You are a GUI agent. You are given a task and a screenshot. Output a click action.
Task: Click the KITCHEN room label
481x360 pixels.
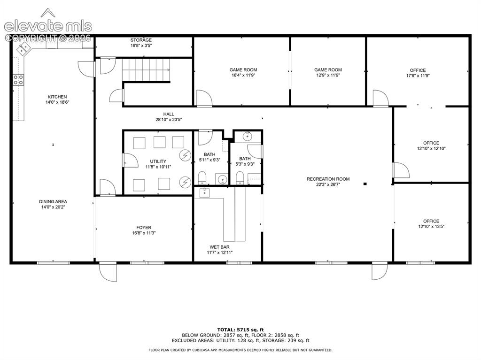[x=57, y=97]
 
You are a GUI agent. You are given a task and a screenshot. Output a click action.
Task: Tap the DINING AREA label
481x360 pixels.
[x=53, y=201]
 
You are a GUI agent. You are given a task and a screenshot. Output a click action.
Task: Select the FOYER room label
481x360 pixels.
[x=144, y=228]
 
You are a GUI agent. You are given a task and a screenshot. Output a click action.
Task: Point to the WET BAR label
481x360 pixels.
[x=219, y=247]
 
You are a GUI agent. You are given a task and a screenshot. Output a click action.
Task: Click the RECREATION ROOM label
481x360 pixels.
[x=328, y=179]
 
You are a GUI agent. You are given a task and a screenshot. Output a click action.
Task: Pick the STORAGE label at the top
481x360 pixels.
[x=141, y=40]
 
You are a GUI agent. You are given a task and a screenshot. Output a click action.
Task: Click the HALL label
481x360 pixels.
[x=169, y=114]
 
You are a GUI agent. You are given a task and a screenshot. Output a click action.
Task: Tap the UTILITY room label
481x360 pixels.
[x=158, y=161]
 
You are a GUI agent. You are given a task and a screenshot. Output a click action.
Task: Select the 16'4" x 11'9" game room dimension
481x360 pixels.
[x=243, y=75]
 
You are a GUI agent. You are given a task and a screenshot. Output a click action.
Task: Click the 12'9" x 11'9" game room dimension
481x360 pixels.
[x=328, y=75]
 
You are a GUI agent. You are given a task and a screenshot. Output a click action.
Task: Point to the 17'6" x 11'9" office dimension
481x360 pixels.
[x=418, y=76]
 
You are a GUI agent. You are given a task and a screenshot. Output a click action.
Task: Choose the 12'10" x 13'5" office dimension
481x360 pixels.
[x=431, y=227]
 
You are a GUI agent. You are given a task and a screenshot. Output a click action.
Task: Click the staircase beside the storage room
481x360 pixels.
[x=146, y=70]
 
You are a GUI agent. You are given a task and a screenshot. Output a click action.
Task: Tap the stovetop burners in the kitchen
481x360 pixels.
[x=18, y=80]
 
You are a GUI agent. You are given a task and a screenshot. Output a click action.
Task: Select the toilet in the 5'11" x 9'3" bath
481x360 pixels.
[x=202, y=177]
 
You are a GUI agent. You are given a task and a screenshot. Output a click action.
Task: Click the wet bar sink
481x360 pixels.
[x=205, y=193]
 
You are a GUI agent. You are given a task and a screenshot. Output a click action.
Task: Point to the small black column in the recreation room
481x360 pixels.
[x=365, y=184]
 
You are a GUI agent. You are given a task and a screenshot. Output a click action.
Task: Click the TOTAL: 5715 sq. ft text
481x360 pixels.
[x=240, y=330]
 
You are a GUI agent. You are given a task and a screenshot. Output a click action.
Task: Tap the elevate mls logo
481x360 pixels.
[x=48, y=22]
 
